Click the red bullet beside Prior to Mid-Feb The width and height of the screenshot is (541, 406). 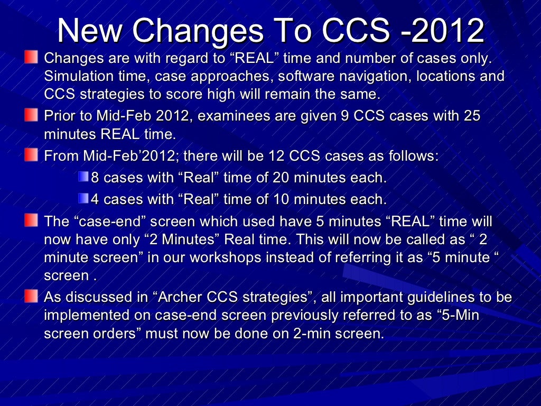pyautogui.click(x=32, y=114)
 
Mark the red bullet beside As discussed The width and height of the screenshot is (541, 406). pyautogui.click(x=32, y=296)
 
